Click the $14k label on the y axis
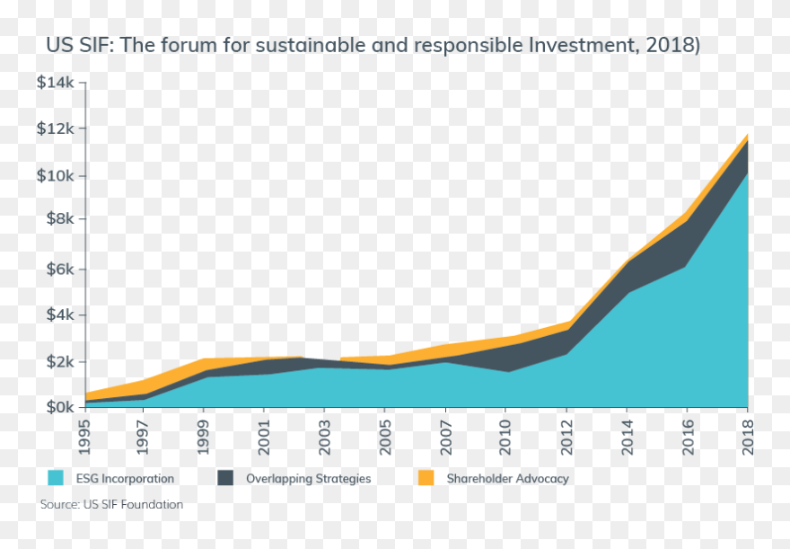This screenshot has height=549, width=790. click(57, 83)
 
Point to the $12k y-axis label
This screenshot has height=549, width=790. click(57, 128)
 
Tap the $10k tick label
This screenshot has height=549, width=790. click(57, 175)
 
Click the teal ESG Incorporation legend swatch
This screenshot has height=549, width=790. click(56, 478)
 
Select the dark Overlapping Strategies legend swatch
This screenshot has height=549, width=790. click(226, 478)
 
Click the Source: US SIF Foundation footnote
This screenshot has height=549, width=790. click(111, 505)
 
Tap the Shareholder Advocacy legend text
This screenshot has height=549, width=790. click(508, 479)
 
